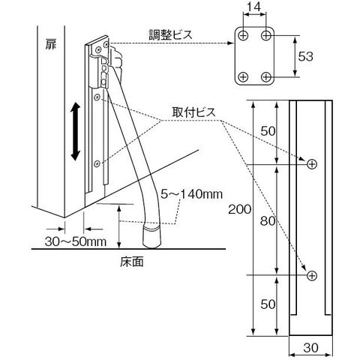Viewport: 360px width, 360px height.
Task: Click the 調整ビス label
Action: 171,34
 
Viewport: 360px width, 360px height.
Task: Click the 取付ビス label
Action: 193,112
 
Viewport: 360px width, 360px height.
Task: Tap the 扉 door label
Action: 51,44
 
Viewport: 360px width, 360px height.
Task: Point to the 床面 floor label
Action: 132,262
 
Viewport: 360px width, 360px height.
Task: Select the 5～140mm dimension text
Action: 191,194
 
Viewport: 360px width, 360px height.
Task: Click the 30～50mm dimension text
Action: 76,241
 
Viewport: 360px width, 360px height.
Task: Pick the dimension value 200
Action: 239,209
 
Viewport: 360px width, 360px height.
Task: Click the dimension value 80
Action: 268,221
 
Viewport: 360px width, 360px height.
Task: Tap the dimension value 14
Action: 255,7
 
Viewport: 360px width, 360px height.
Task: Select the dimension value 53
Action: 305,56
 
